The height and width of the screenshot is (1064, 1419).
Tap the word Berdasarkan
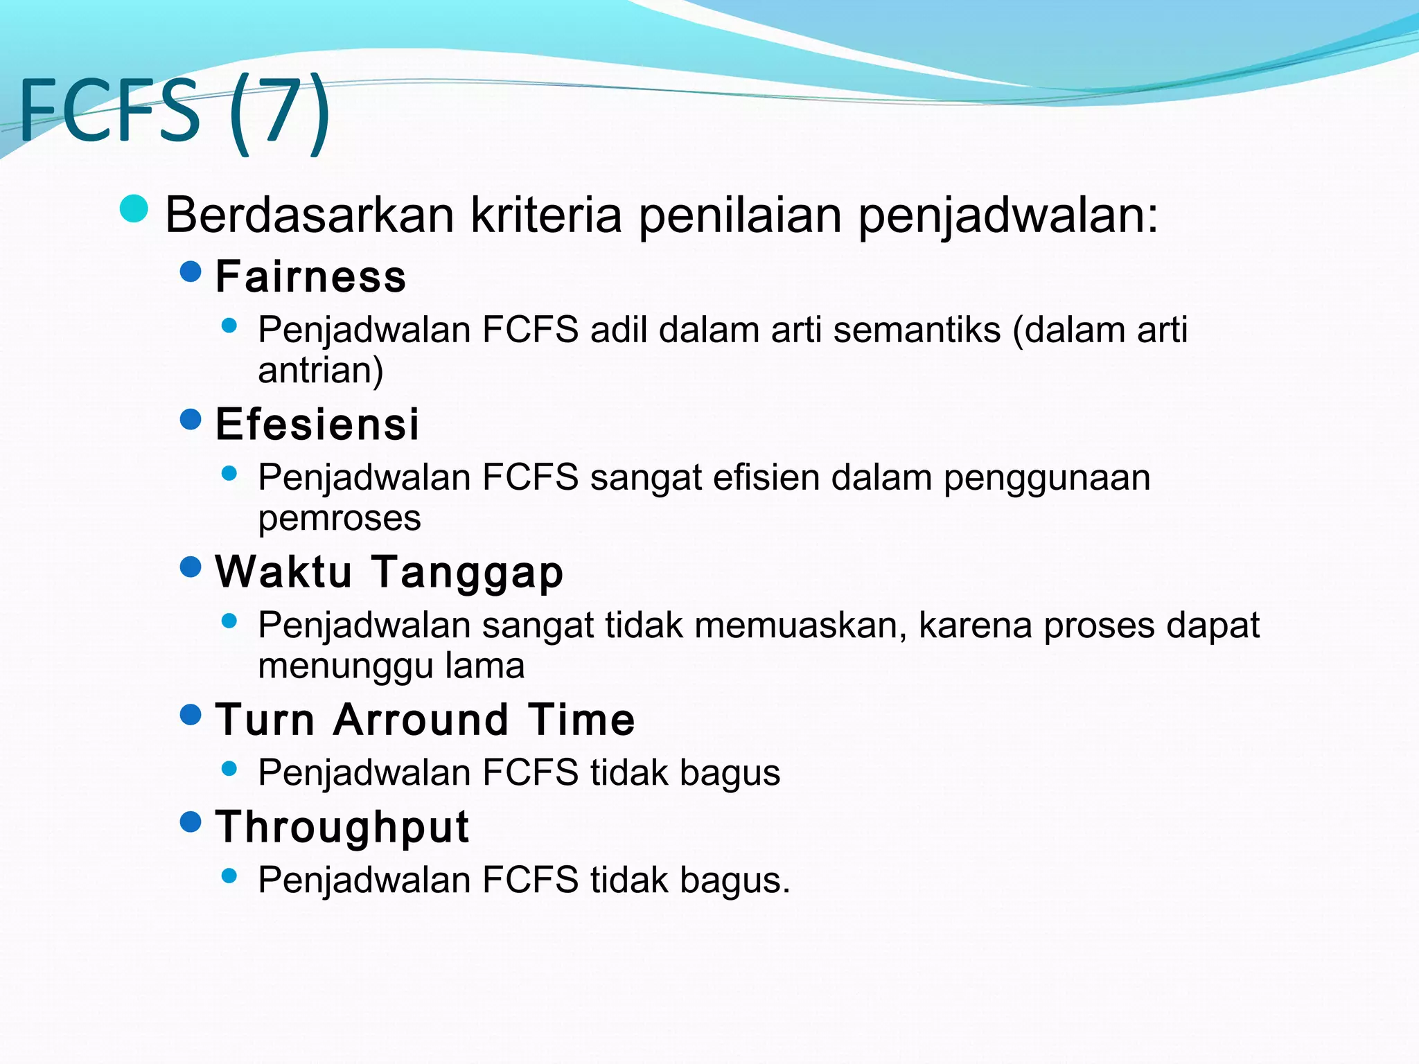click(x=309, y=215)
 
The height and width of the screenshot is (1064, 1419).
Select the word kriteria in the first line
click(x=547, y=215)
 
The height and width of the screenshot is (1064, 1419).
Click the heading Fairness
click(x=310, y=276)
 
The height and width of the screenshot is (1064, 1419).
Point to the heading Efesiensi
click(x=317, y=424)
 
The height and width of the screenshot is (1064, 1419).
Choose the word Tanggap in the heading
click(x=468, y=572)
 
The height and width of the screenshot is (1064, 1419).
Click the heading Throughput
click(x=342, y=826)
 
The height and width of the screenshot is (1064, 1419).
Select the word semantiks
click(x=917, y=330)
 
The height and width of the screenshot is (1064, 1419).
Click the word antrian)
click(x=320, y=370)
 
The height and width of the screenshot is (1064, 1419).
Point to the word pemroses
click(x=339, y=518)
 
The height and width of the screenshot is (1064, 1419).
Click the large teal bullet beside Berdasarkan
click(x=134, y=209)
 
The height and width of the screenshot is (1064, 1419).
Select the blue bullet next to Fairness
click(x=190, y=272)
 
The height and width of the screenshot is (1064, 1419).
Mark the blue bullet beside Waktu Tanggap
click(x=190, y=567)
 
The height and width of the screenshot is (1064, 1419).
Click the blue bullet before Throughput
click(x=190, y=822)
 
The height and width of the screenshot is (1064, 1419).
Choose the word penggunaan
click(x=1046, y=479)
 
